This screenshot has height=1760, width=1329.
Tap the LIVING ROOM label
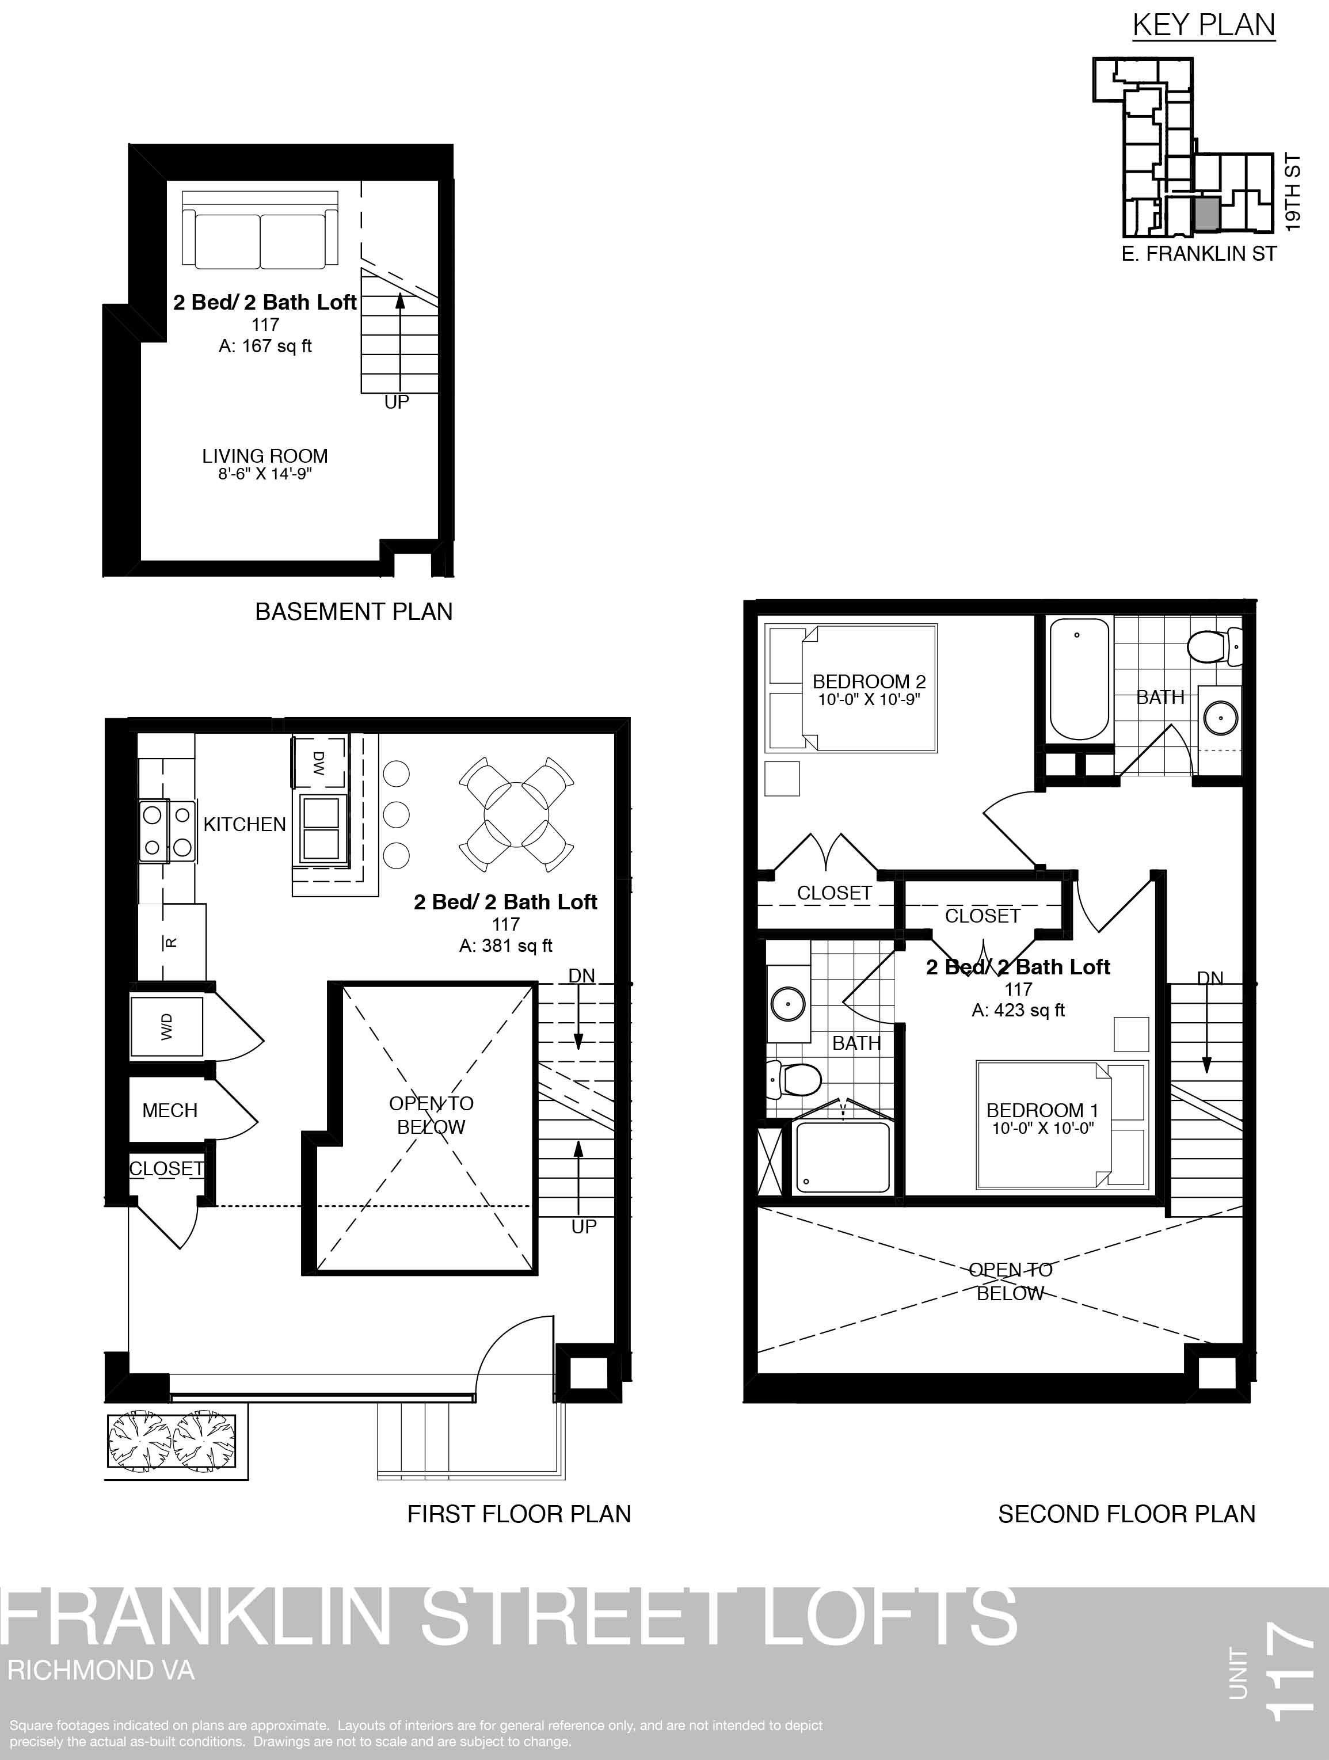[265, 456]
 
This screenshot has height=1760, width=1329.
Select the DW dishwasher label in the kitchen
[318, 763]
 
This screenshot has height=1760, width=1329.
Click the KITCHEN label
[244, 824]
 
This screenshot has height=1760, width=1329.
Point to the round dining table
[516, 815]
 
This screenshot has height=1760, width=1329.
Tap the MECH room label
[170, 1110]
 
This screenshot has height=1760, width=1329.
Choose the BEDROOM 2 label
[869, 682]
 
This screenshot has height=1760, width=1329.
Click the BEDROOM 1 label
[1042, 1110]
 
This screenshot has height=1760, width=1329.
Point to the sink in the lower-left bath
[788, 1004]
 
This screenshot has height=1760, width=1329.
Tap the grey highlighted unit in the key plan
[1206, 214]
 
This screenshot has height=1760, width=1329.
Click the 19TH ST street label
[1293, 193]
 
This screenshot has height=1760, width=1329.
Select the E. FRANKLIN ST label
[1198, 254]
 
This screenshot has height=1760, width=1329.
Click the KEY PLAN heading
[1204, 25]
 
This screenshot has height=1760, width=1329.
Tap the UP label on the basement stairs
[397, 403]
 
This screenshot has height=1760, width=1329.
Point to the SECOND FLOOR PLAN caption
[1127, 1514]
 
